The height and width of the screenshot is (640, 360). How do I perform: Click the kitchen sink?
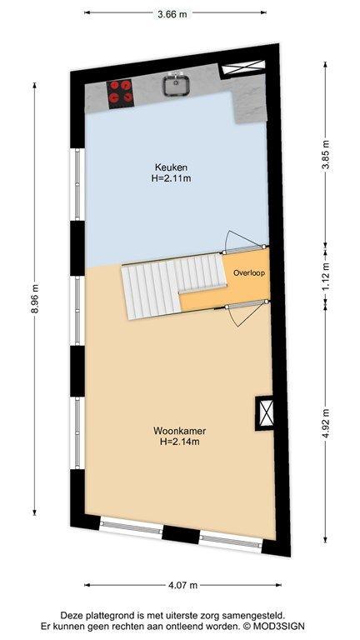click(x=176, y=85)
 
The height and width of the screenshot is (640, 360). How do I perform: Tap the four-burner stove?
click(x=120, y=93)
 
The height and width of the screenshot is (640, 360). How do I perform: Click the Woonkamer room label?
click(x=180, y=431)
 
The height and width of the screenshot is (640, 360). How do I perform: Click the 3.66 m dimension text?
click(x=172, y=14)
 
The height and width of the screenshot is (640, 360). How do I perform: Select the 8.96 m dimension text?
click(x=35, y=298)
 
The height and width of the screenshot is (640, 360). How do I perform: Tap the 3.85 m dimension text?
click(x=327, y=157)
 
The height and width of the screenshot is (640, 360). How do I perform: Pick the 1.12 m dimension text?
click(x=327, y=278)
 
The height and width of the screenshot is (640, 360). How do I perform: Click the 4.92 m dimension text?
click(x=327, y=423)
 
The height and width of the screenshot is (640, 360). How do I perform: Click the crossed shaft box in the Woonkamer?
click(x=263, y=412)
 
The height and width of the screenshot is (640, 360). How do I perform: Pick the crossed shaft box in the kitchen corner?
click(x=243, y=67)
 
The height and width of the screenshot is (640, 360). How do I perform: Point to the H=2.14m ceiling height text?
click(x=180, y=441)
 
